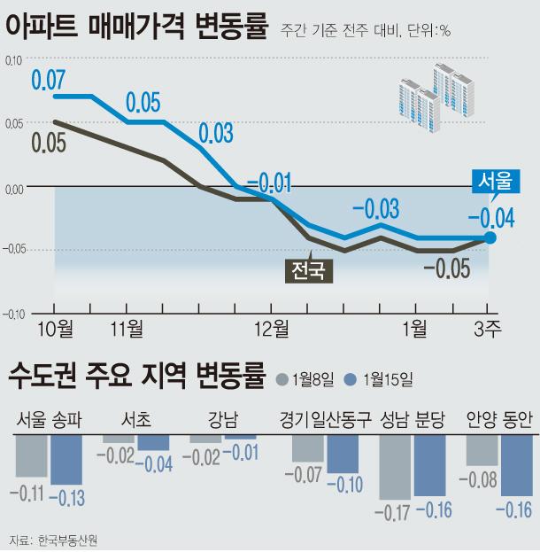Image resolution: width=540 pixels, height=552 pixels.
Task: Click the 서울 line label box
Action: tap(495, 182)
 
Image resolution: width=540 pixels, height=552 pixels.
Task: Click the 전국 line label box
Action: tap(308, 268)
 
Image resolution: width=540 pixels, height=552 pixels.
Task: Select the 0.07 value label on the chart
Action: tap(49, 79)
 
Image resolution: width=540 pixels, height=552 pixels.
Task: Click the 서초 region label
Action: tap(135, 419)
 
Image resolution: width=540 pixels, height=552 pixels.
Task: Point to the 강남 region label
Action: tap(222, 419)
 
